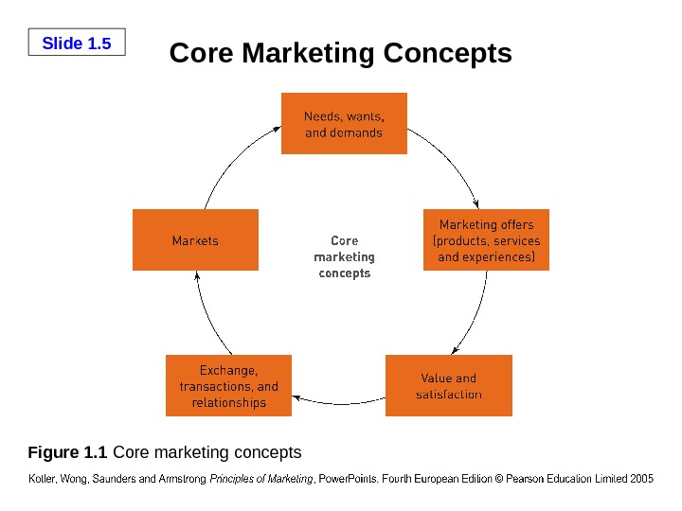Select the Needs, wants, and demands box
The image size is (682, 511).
344,123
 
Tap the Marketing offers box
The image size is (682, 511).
486,240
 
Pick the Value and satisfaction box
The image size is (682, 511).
449,385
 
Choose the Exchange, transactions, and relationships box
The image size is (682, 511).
228,385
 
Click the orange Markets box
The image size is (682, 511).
195,240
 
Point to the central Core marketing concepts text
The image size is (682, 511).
344,256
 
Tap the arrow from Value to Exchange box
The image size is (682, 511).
339,404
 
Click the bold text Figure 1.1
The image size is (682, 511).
69,451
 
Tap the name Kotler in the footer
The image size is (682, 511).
44,479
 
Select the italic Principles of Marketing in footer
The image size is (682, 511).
260,479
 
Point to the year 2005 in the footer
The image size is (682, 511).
641,479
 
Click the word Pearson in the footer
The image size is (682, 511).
529,479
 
